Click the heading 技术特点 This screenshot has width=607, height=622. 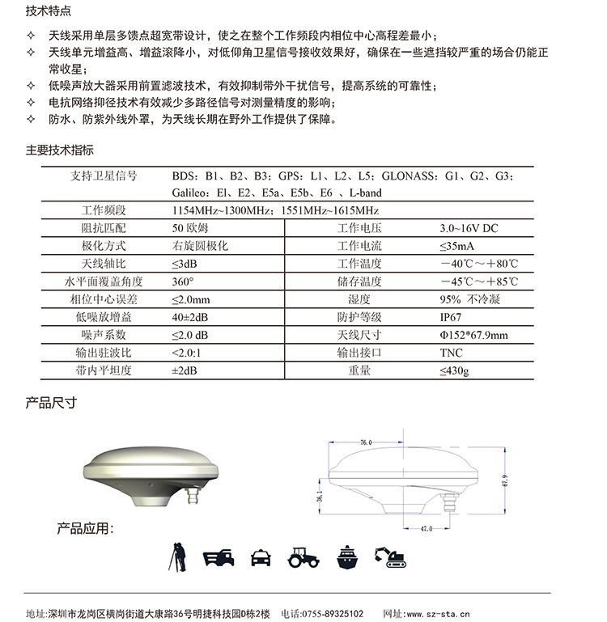(48, 12)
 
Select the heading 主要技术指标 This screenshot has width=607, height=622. (60, 150)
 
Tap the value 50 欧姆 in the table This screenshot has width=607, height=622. (190, 228)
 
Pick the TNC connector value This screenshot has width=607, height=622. (451, 353)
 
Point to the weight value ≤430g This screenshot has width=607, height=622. (454, 370)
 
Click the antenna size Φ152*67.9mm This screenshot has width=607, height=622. (473, 335)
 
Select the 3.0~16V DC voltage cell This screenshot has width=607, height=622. (469, 228)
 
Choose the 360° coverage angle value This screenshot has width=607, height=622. (183, 281)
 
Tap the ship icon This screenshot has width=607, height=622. (347, 556)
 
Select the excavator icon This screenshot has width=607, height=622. (390, 556)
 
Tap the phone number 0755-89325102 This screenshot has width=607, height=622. (333, 614)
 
